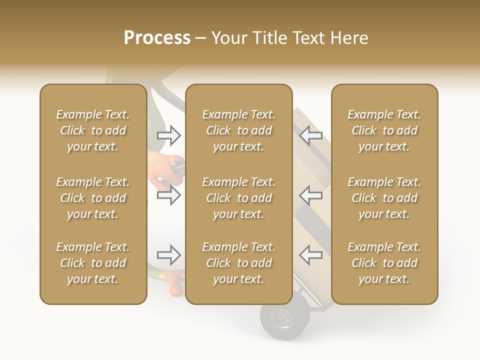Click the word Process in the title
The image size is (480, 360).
(157, 38)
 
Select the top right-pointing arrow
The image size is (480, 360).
(169, 135)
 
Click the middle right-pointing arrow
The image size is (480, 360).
(169, 195)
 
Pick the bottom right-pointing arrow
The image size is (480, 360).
(169, 255)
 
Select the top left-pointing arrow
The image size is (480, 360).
(310, 135)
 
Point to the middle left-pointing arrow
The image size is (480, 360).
(310, 195)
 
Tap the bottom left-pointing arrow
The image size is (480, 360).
(310, 255)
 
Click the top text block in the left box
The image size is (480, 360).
(93, 130)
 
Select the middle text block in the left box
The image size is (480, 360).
(93, 198)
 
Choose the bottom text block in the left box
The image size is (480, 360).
(93, 263)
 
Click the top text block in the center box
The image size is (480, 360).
(239, 130)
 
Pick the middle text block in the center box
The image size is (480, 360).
(239, 198)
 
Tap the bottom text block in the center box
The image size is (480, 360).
(239, 263)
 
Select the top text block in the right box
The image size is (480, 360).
(384, 130)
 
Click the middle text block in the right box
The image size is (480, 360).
(384, 198)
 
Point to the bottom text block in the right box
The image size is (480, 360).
(384, 263)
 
